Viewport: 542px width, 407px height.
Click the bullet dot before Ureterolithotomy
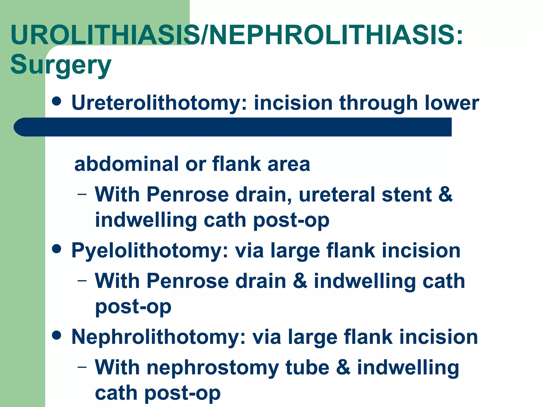pos(57,101)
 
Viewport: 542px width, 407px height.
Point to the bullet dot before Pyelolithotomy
pos(57,249)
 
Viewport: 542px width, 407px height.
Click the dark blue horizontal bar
pos(233,127)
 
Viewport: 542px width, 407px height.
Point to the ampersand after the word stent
pos(446,195)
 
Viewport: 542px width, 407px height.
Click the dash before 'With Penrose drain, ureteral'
pos(82,194)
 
